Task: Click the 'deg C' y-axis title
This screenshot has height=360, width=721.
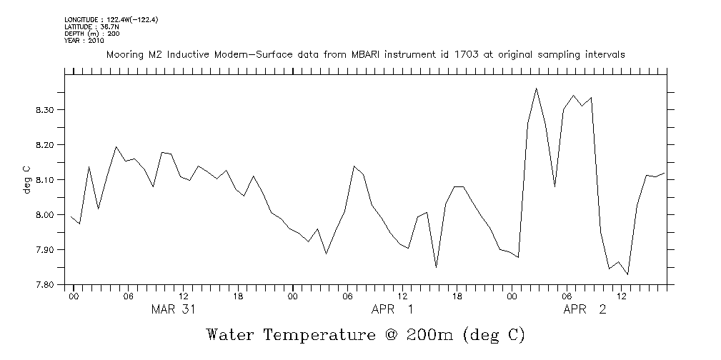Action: pos(26,180)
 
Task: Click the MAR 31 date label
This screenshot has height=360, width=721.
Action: pos(172,309)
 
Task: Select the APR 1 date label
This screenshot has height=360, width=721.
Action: pos(392,309)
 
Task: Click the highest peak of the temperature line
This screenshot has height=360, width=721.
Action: pos(537,89)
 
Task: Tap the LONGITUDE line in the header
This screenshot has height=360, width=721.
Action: pos(111,20)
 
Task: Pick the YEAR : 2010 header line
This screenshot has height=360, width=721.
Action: pos(84,41)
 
